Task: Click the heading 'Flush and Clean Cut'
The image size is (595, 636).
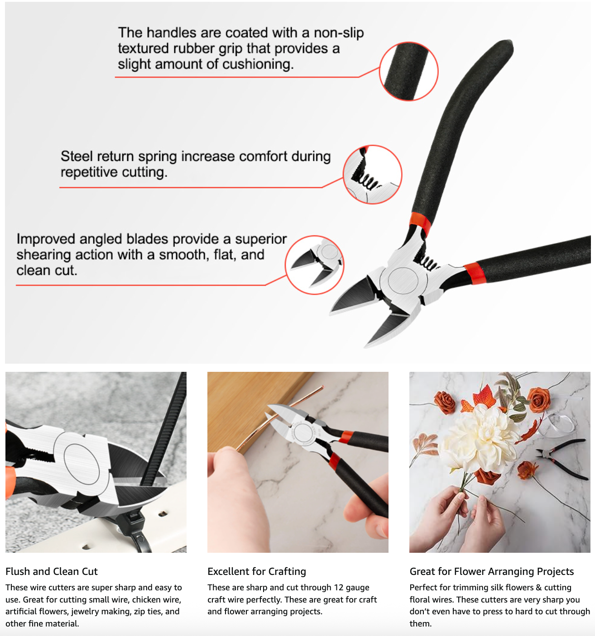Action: click(52, 571)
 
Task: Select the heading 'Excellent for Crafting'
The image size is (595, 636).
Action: click(256, 571)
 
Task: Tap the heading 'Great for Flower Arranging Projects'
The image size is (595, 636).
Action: click(491, 571)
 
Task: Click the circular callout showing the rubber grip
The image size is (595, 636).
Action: click(409, 71)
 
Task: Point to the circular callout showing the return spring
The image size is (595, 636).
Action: click(372, 174)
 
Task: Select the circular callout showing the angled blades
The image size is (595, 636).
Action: click(315, 265)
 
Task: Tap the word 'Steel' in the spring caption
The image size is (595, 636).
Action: click(77, 156)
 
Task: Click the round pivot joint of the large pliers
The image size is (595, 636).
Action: click(403, 279)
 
